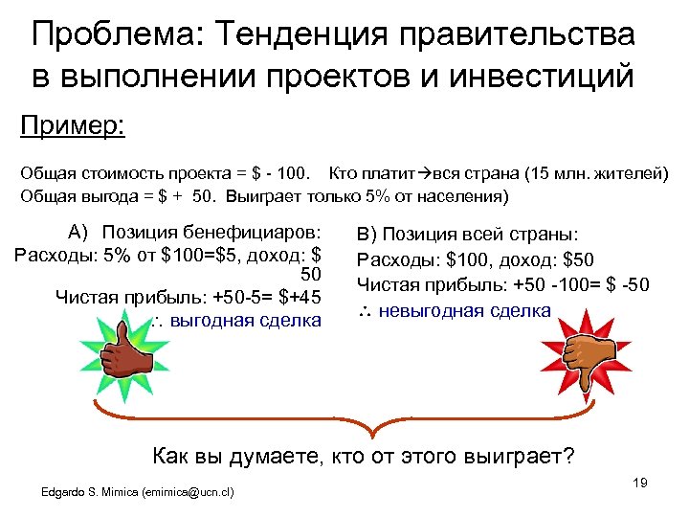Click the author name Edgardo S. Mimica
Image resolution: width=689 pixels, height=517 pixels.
(x=89, y=493)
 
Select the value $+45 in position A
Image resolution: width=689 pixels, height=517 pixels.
(x=299, y=297)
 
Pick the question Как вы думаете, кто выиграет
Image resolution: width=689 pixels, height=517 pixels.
(x=364, y=456)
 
